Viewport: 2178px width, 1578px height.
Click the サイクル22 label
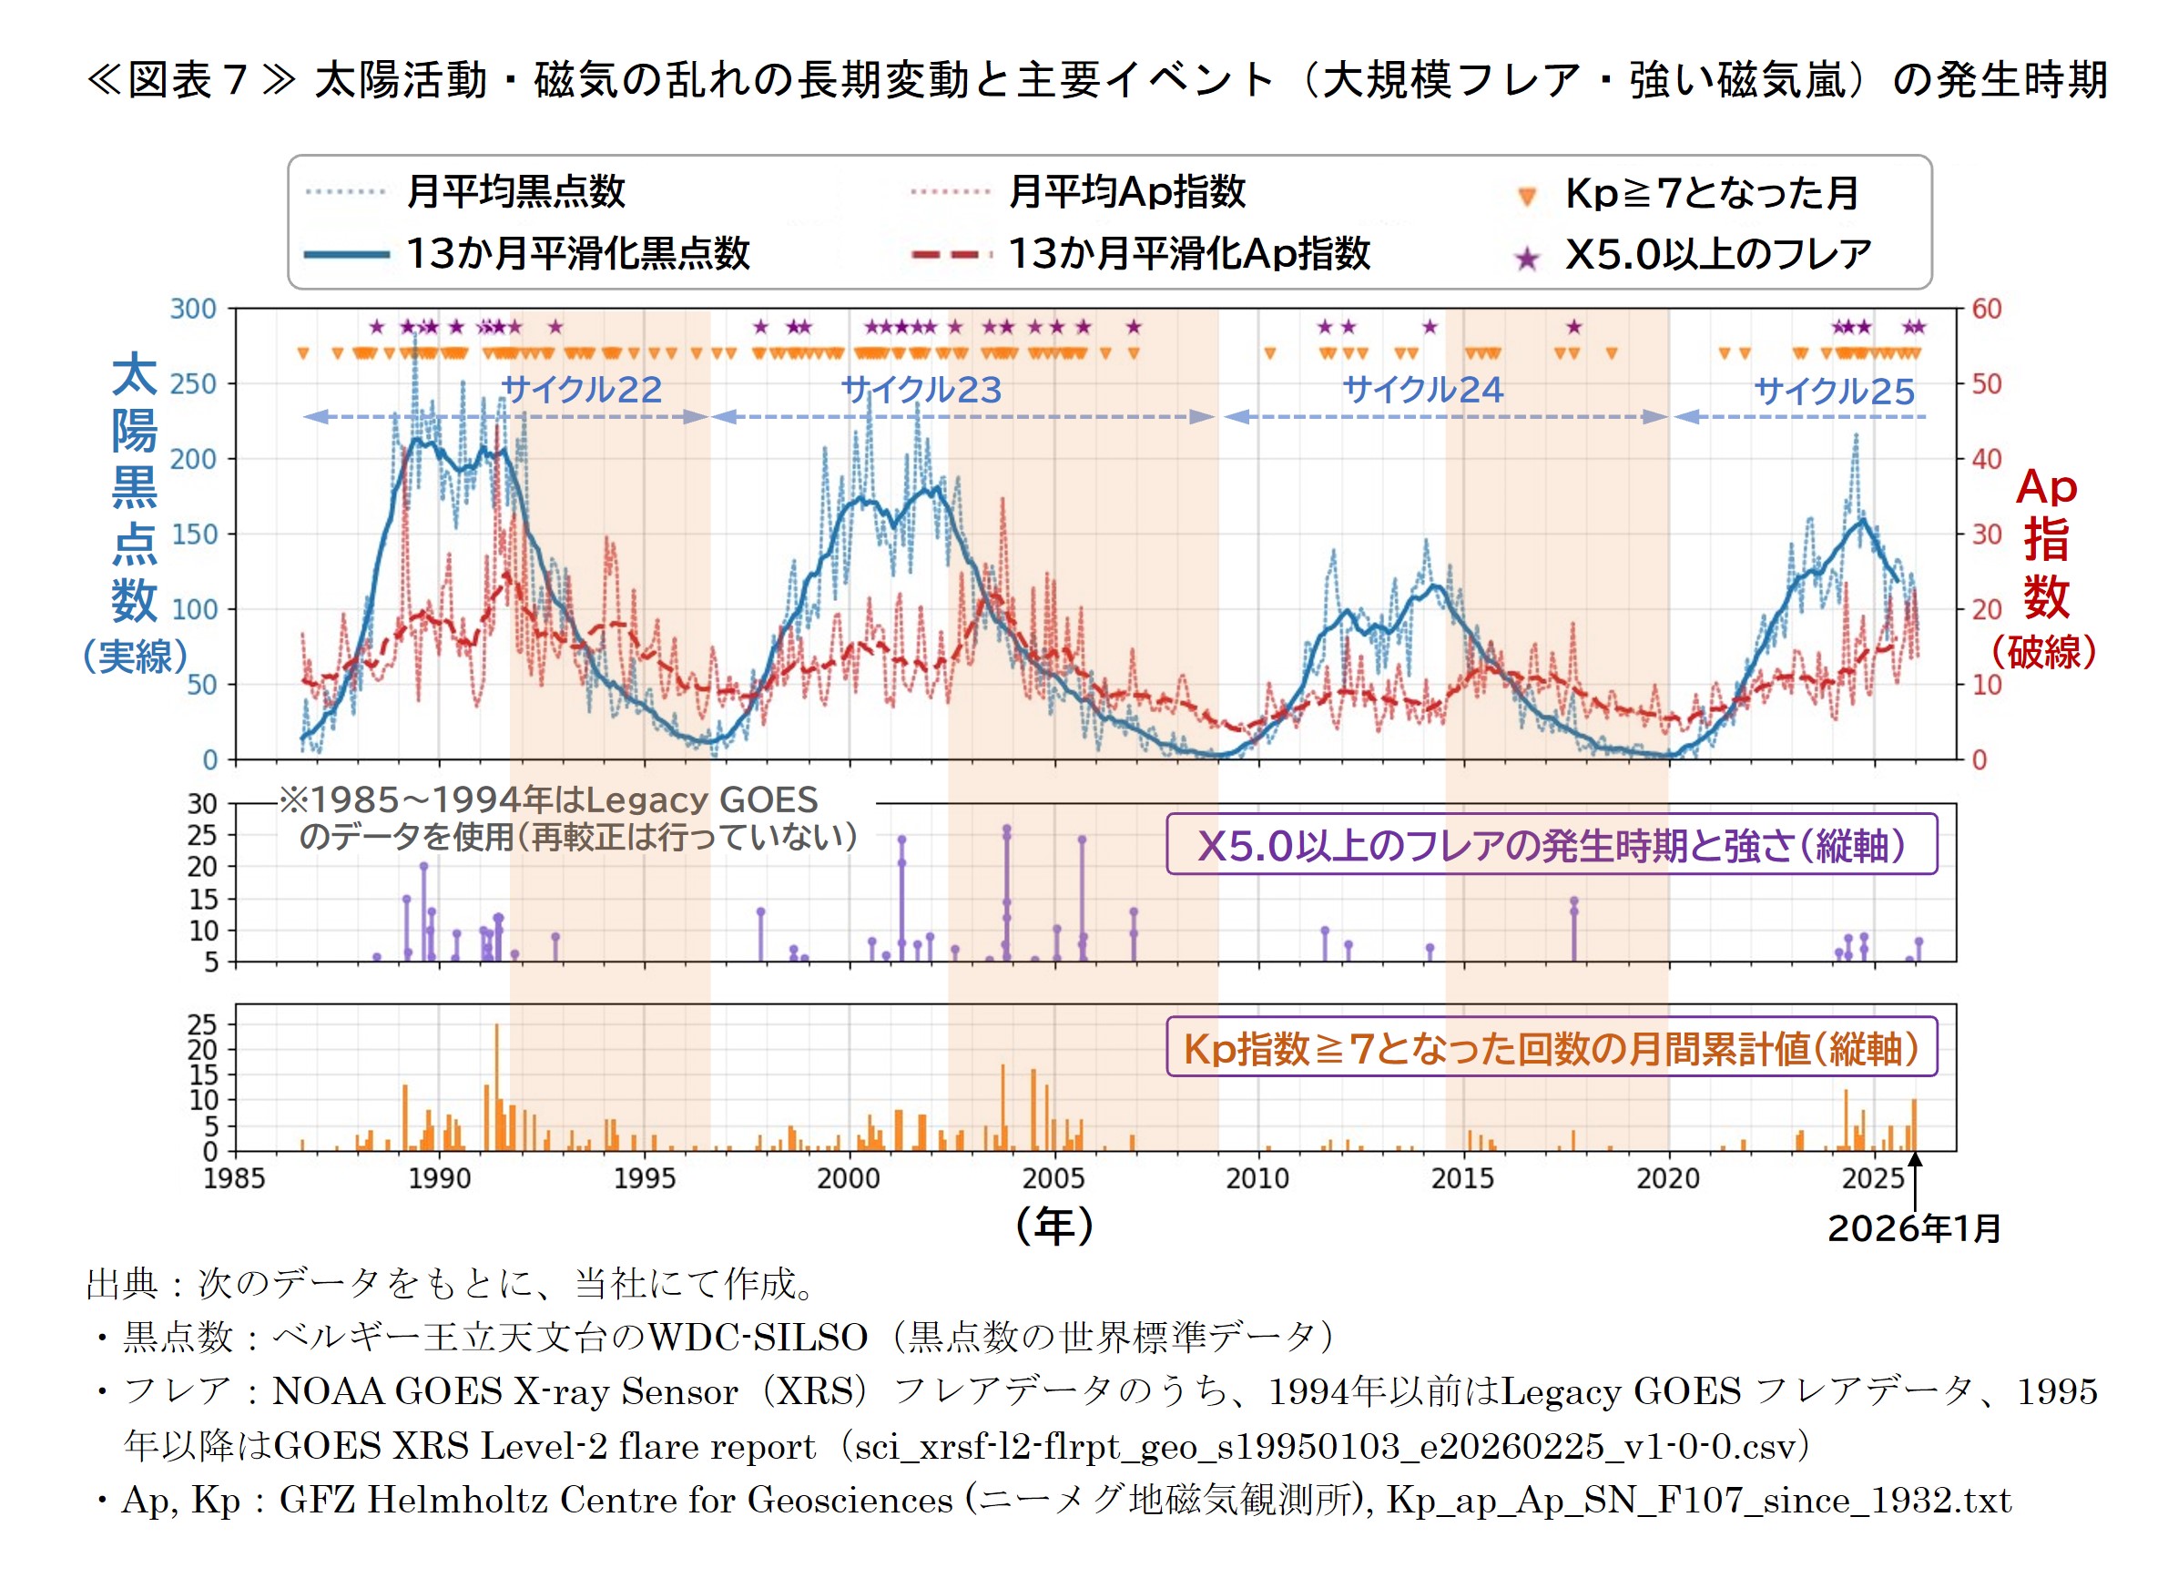coord(581,389)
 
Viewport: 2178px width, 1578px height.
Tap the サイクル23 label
coord(921,389)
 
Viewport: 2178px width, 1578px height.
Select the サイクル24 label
coord(1422,389)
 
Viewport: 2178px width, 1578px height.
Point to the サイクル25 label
coord(1833,391)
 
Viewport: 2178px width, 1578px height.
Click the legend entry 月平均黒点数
coord(515,191)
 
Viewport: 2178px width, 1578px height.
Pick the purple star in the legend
coord(1527,258)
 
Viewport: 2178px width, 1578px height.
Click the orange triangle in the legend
coord(1527,197)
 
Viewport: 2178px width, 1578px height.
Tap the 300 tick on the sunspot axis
coord(193,310)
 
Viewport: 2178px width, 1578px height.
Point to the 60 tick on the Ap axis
coord(1986,310)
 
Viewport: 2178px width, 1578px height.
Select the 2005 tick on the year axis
coord(1053,1178)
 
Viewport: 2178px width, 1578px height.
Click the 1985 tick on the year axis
coord(234,1178)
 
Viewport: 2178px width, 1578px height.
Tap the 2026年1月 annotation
coord(1914,1228)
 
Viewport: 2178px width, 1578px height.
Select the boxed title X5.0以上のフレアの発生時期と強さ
coord(1551,845)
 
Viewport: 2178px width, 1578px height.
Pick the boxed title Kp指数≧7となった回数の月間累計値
coord(1551,1048)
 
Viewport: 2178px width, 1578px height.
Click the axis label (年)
coord(1054,1227)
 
